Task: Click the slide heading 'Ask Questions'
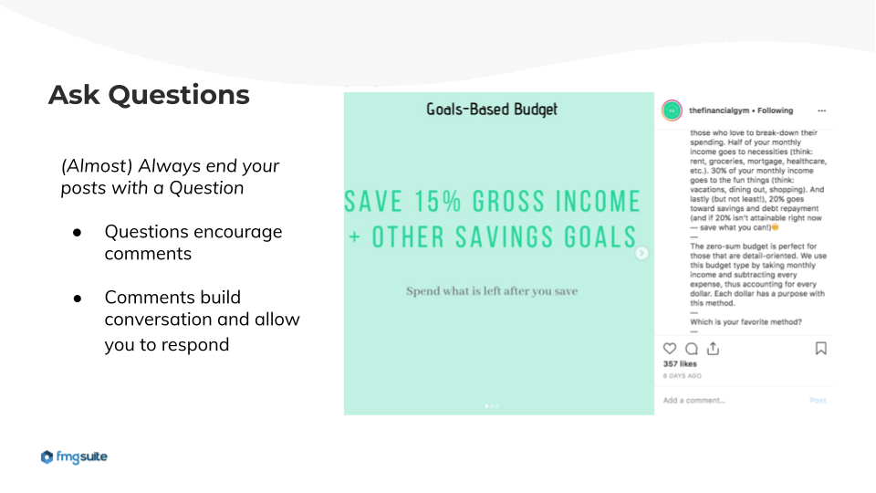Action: (149, 95)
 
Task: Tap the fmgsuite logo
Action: (74, 456)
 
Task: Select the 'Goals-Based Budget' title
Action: (492, 109)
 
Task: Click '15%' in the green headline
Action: (438, 201)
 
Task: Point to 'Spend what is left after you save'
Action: (492, 290)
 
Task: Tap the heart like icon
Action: (670, 349)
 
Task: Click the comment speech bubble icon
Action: (692, 349)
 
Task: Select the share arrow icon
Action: (713, 349)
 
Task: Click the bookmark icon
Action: (820, 349)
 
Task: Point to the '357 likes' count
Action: (680, 364)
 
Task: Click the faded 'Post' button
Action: (818, 400)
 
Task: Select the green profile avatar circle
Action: (673, 110)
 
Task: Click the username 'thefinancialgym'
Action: (719, 110)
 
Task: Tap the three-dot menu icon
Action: (822, 110)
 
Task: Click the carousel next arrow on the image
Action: (641, 253)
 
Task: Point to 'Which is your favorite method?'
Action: (746, 322)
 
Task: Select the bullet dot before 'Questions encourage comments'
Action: (77, 233)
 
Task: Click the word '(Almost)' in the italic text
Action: (96, 166)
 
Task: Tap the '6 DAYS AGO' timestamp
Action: (683, 376)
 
